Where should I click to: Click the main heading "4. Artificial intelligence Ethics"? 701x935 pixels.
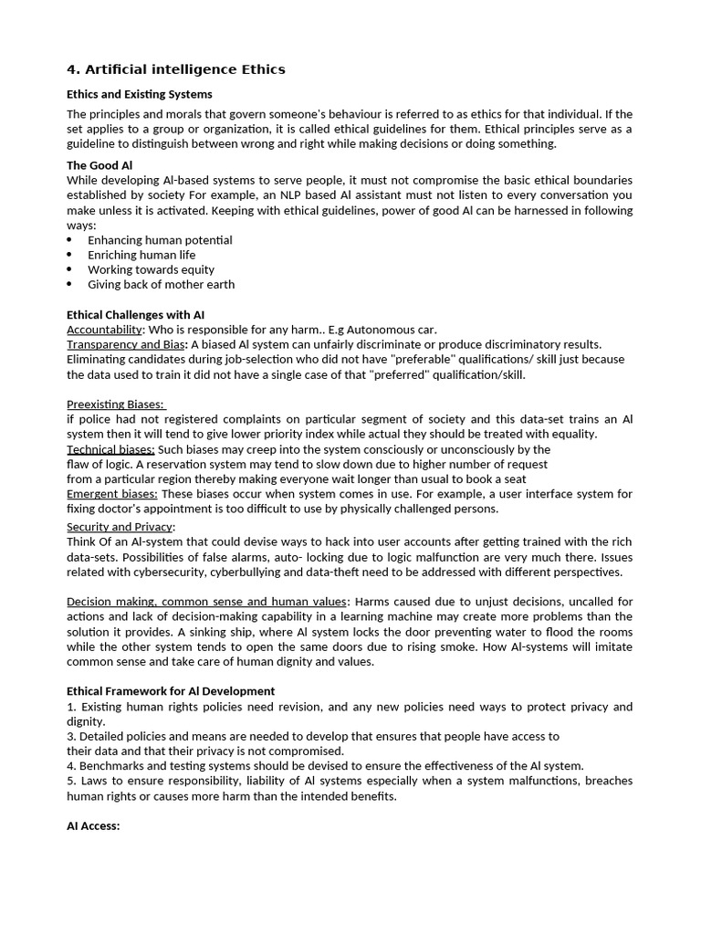[x=176, y=69]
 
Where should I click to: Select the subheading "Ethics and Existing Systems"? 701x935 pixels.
[x=140, y=94]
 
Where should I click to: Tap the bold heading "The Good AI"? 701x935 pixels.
[x=99, y=165]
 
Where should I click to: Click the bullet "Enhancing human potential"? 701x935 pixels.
[x=160, y=240]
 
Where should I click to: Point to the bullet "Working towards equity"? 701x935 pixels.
[x=151, y=269]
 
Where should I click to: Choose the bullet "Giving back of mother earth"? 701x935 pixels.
[x=161, y=284]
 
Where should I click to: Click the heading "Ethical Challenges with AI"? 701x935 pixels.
[x=135, y=315]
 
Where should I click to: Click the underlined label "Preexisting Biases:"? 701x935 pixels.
[x=116, y=404]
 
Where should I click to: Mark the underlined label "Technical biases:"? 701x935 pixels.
[x=110, y=449]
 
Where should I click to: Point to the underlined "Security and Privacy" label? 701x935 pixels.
[x=120, y=527]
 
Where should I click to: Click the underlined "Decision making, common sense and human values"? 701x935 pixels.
[x=207, y=602]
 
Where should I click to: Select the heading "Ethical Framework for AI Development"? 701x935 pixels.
[x=171, y=691]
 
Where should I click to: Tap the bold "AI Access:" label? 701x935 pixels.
[x=93, y=825]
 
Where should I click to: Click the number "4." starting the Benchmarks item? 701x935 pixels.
[x=72, y=766]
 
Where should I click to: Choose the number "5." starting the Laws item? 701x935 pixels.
[x=72, y=781]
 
